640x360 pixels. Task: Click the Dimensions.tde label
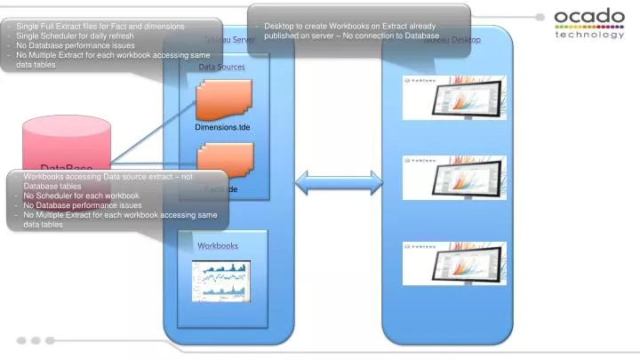point(222,128)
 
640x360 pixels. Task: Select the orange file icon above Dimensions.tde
point(224,100)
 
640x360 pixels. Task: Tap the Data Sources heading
point(221,68)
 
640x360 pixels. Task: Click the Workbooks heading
point(218,245)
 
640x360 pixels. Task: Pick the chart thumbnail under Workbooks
point(220,281)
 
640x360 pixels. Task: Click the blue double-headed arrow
point(325,184)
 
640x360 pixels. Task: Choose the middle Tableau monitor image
point(453,177)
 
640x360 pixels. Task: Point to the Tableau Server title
point(229,41)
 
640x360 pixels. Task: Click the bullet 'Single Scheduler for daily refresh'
point(75,36)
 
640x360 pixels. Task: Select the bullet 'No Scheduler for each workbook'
point(81,196)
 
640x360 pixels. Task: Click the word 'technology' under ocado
point(588,34)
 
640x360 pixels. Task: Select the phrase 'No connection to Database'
point(391,36)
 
